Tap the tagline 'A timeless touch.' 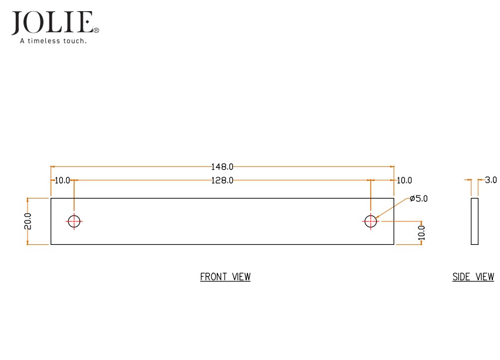(x=53, y=41)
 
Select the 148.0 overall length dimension (x=223, y=167)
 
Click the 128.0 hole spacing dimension (x=223, y=180)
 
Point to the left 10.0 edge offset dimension (x=62, y=180)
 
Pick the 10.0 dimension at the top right (x=404, y=180)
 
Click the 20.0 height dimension (x=28, y=221)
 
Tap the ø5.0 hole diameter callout (x=419, y=198)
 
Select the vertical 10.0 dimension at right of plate (x=421, y=233)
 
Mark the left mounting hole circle (x=73, y=221)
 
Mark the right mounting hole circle (x=370, y=221)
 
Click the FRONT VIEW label (x=225, y=277)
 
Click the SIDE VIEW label (x=473, y=277)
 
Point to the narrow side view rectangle (x=475, y=221)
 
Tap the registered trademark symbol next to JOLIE (x=96, y=29)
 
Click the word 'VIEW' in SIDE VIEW (x=484, y=277)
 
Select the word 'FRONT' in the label (x=213, y=277)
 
